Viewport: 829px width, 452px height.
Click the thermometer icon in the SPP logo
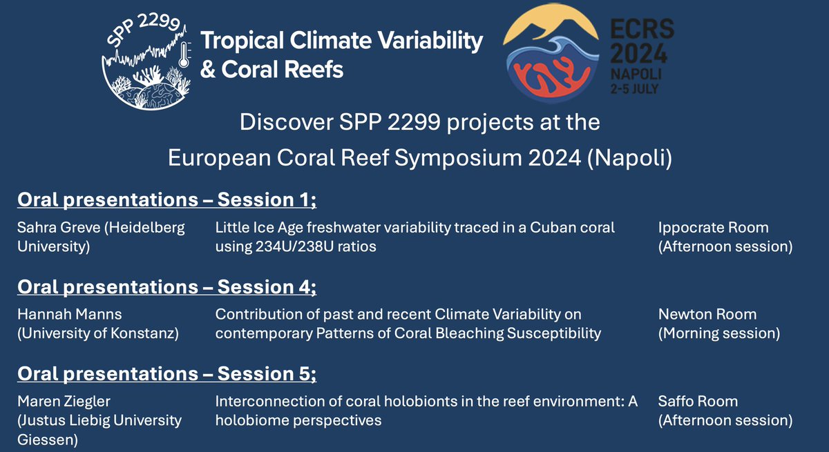pyautogui.click(x=184, y=55)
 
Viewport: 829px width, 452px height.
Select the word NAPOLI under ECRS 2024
pyautogui.click(x=636, y=74)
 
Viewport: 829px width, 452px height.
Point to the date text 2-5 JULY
pyautogui.click(x=634, y=89)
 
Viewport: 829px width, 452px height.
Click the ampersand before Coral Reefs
pyautogui.click(x=208, y=69)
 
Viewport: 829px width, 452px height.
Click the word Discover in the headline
pyautogui.click(x=286, y=122)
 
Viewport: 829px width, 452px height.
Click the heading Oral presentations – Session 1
pyautogui.click(x=166, y=200)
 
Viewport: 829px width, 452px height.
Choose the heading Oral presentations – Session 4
pyautogui.click(x=166, y=287)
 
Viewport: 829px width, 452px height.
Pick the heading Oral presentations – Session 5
pyautogui.click(x=166, y=373)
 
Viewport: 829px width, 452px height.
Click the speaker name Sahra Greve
pyautogui.click(x=59, y=228)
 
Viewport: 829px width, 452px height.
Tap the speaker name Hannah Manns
pyautogui.click(x=70, y=315)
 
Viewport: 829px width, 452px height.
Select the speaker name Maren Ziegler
pyautogui.click(x=64, y=402)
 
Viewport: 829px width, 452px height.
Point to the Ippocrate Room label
pyautogui.click(x=713, y=228)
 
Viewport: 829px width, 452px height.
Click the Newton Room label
pyautogui.click(x=707, y=315)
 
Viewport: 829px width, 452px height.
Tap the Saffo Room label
pyautogui.click(x=698, y=402)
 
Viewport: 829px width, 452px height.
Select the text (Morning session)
pyautogui.click(x=719, y=333)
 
